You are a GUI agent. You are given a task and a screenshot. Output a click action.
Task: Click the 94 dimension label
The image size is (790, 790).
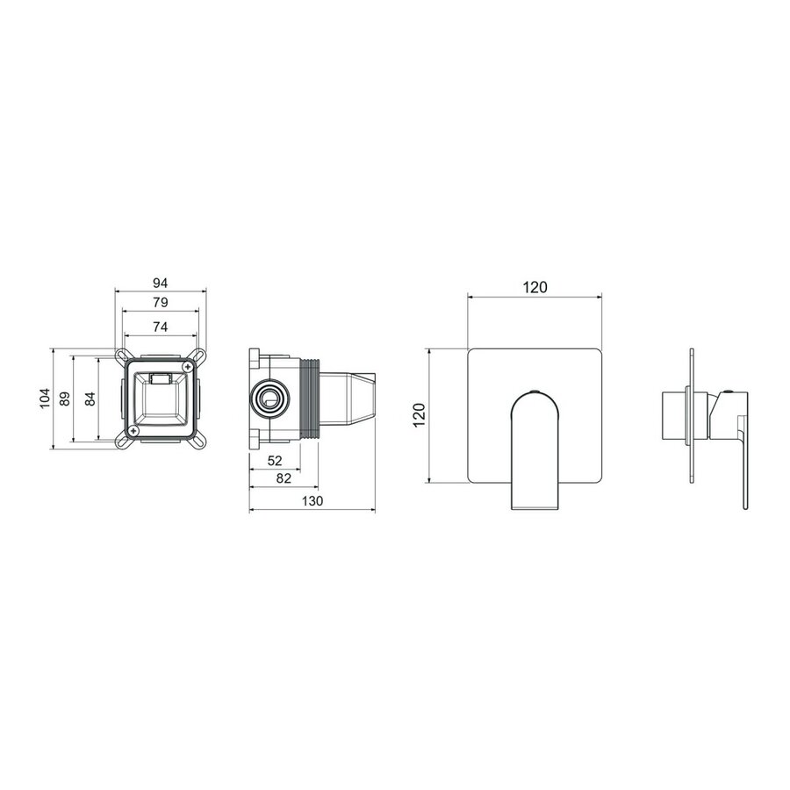(x=161, y=284)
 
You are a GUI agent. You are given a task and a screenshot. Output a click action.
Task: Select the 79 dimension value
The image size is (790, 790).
(x=161, y=303)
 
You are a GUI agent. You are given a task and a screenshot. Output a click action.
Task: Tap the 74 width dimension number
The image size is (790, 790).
(x=161, y=327)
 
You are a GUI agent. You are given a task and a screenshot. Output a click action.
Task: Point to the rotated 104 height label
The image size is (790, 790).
(x=45, y=398)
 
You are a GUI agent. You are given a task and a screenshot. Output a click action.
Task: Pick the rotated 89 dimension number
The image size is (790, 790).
(x=65, y=399)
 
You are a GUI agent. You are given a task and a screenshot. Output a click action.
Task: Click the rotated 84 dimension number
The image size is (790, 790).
(x=90, y=399)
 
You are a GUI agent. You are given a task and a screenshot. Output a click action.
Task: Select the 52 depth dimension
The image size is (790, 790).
(x=275, y=461)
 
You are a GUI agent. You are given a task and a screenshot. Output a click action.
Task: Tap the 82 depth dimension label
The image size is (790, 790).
(x=284, y=478)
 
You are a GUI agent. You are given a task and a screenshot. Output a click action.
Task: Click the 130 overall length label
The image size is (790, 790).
(x=312, y=501)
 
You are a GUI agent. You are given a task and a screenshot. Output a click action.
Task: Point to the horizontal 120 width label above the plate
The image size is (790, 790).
(x=535, y=287)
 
